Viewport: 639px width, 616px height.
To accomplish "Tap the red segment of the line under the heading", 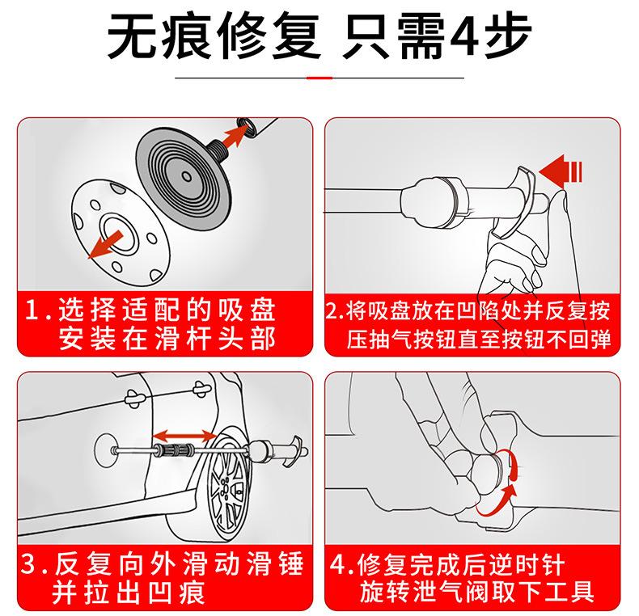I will click(x=320, y=78).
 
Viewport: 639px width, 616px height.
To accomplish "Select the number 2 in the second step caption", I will click(x=332, y=311).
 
